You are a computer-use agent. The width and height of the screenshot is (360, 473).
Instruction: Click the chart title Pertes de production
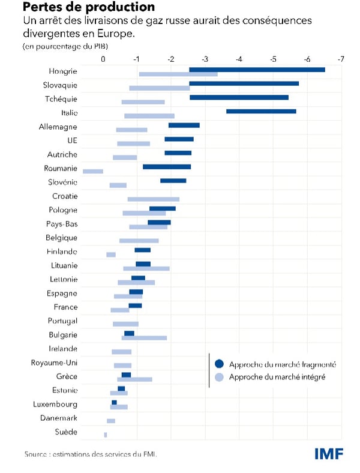(88, 8)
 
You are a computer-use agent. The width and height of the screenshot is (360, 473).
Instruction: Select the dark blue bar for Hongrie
(257, 70)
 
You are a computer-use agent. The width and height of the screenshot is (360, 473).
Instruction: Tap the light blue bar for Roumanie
(93, 171)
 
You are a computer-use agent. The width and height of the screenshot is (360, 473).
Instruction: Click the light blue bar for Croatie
(154, 199)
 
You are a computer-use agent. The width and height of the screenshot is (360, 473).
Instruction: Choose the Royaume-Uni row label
(54, 363)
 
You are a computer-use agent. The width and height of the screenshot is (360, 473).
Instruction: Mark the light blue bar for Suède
(106, 435)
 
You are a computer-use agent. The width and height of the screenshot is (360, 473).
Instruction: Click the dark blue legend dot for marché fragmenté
(219, 364)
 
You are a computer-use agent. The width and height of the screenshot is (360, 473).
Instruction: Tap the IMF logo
(329, 454)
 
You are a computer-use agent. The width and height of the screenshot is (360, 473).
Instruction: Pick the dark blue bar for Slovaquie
(244, 83)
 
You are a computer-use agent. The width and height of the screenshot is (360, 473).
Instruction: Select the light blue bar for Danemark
(111, 421)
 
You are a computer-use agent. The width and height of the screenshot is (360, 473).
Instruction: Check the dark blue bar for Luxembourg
(114, 402)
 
